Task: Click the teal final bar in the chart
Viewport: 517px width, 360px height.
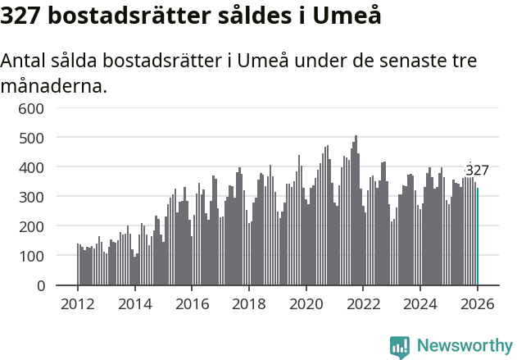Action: pos(478,237)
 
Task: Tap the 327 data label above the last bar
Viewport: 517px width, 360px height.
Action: pos(477,171)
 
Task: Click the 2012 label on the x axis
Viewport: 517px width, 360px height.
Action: pos(78,304)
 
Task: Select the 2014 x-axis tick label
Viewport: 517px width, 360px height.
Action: pos(135,304)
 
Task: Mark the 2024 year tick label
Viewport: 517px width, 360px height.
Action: pos(420,304)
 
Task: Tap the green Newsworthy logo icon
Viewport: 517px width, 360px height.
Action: pos(400,346)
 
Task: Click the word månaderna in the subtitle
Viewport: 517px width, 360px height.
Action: pos(54,85)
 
